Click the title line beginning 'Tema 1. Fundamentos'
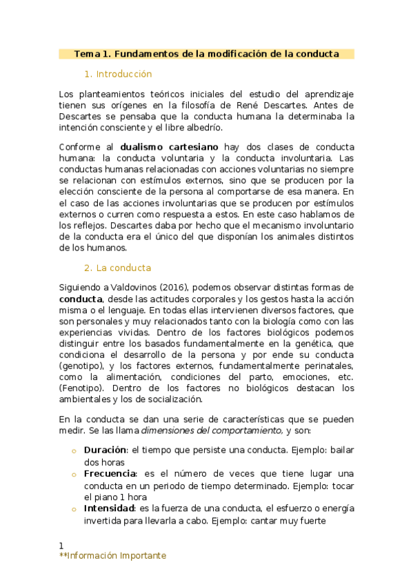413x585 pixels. pyautogui.click(x=206, y=54)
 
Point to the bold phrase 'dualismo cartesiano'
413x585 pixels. pyautogui.click(x=169, y=147)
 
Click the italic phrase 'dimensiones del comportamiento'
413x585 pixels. pyautogui.click(x=212, y=430)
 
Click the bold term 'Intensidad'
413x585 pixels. pyautogui.click(x=109, y=508)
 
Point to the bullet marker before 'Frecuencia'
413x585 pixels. pyautogui.click(x=73, y=474)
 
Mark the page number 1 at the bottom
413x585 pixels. pyautogui.click(x=61, y=546)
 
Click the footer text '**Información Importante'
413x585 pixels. pyautogui.click(x=112, y=556)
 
